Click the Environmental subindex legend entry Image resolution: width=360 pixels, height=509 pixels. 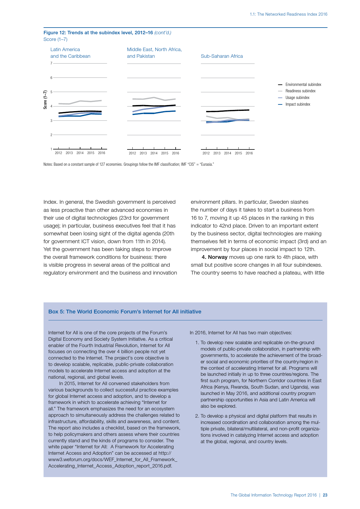point(303,84)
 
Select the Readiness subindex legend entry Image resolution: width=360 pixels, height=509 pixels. point(300,91)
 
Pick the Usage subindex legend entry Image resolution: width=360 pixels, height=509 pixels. point(297,98)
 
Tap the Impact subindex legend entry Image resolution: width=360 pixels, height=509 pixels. point(298,104)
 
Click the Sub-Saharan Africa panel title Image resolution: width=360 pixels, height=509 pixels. point(222,56)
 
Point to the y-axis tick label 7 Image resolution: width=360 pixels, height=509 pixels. point(51,63)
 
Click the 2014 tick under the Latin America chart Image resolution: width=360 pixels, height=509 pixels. point(80,153)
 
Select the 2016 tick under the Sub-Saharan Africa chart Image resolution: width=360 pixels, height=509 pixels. point(249,153)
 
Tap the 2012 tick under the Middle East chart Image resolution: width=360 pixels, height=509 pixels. point(132,153)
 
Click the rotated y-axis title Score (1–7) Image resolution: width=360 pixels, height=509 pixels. point(45,100)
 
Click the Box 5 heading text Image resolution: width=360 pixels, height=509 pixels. point(125,311)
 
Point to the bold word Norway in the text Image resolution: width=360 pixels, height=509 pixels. point(217,257)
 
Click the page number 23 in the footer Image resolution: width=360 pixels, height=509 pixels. point(325,495)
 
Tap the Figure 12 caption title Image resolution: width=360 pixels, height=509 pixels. point(98,33)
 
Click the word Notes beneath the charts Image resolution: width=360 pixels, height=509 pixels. point(48,165)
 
